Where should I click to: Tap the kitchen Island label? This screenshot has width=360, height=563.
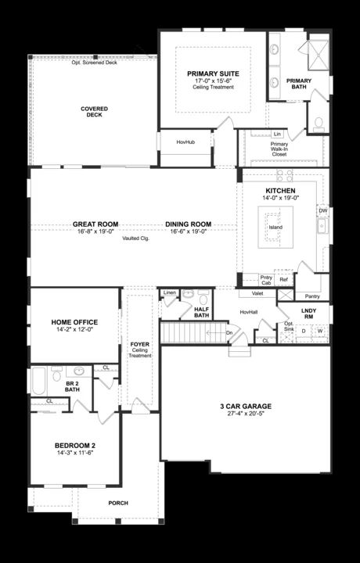coord(275,228)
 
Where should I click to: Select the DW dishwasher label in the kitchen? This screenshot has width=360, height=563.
coord(322,210)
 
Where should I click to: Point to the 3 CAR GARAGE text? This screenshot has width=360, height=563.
coord(245,406)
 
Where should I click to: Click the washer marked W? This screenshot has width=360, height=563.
coord(319,331)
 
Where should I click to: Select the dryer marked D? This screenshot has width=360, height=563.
coord(304,331)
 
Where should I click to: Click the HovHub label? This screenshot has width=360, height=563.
coord(185,142)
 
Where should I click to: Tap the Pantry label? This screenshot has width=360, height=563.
coord(312,296)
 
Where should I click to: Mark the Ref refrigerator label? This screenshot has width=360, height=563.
coord(283,279)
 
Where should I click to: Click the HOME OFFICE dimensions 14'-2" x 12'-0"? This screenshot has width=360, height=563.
coord(74,329)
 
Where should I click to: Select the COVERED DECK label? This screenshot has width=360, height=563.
coord(94,112)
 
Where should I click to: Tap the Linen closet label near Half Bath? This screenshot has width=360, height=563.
coord(169,293)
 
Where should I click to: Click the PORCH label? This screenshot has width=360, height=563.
coord(117,503)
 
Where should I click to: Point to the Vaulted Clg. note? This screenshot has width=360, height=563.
coord(135,238)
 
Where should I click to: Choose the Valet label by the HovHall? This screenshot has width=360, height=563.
coord(257,293)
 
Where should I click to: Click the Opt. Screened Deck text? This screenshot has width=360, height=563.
coord(94,62)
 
